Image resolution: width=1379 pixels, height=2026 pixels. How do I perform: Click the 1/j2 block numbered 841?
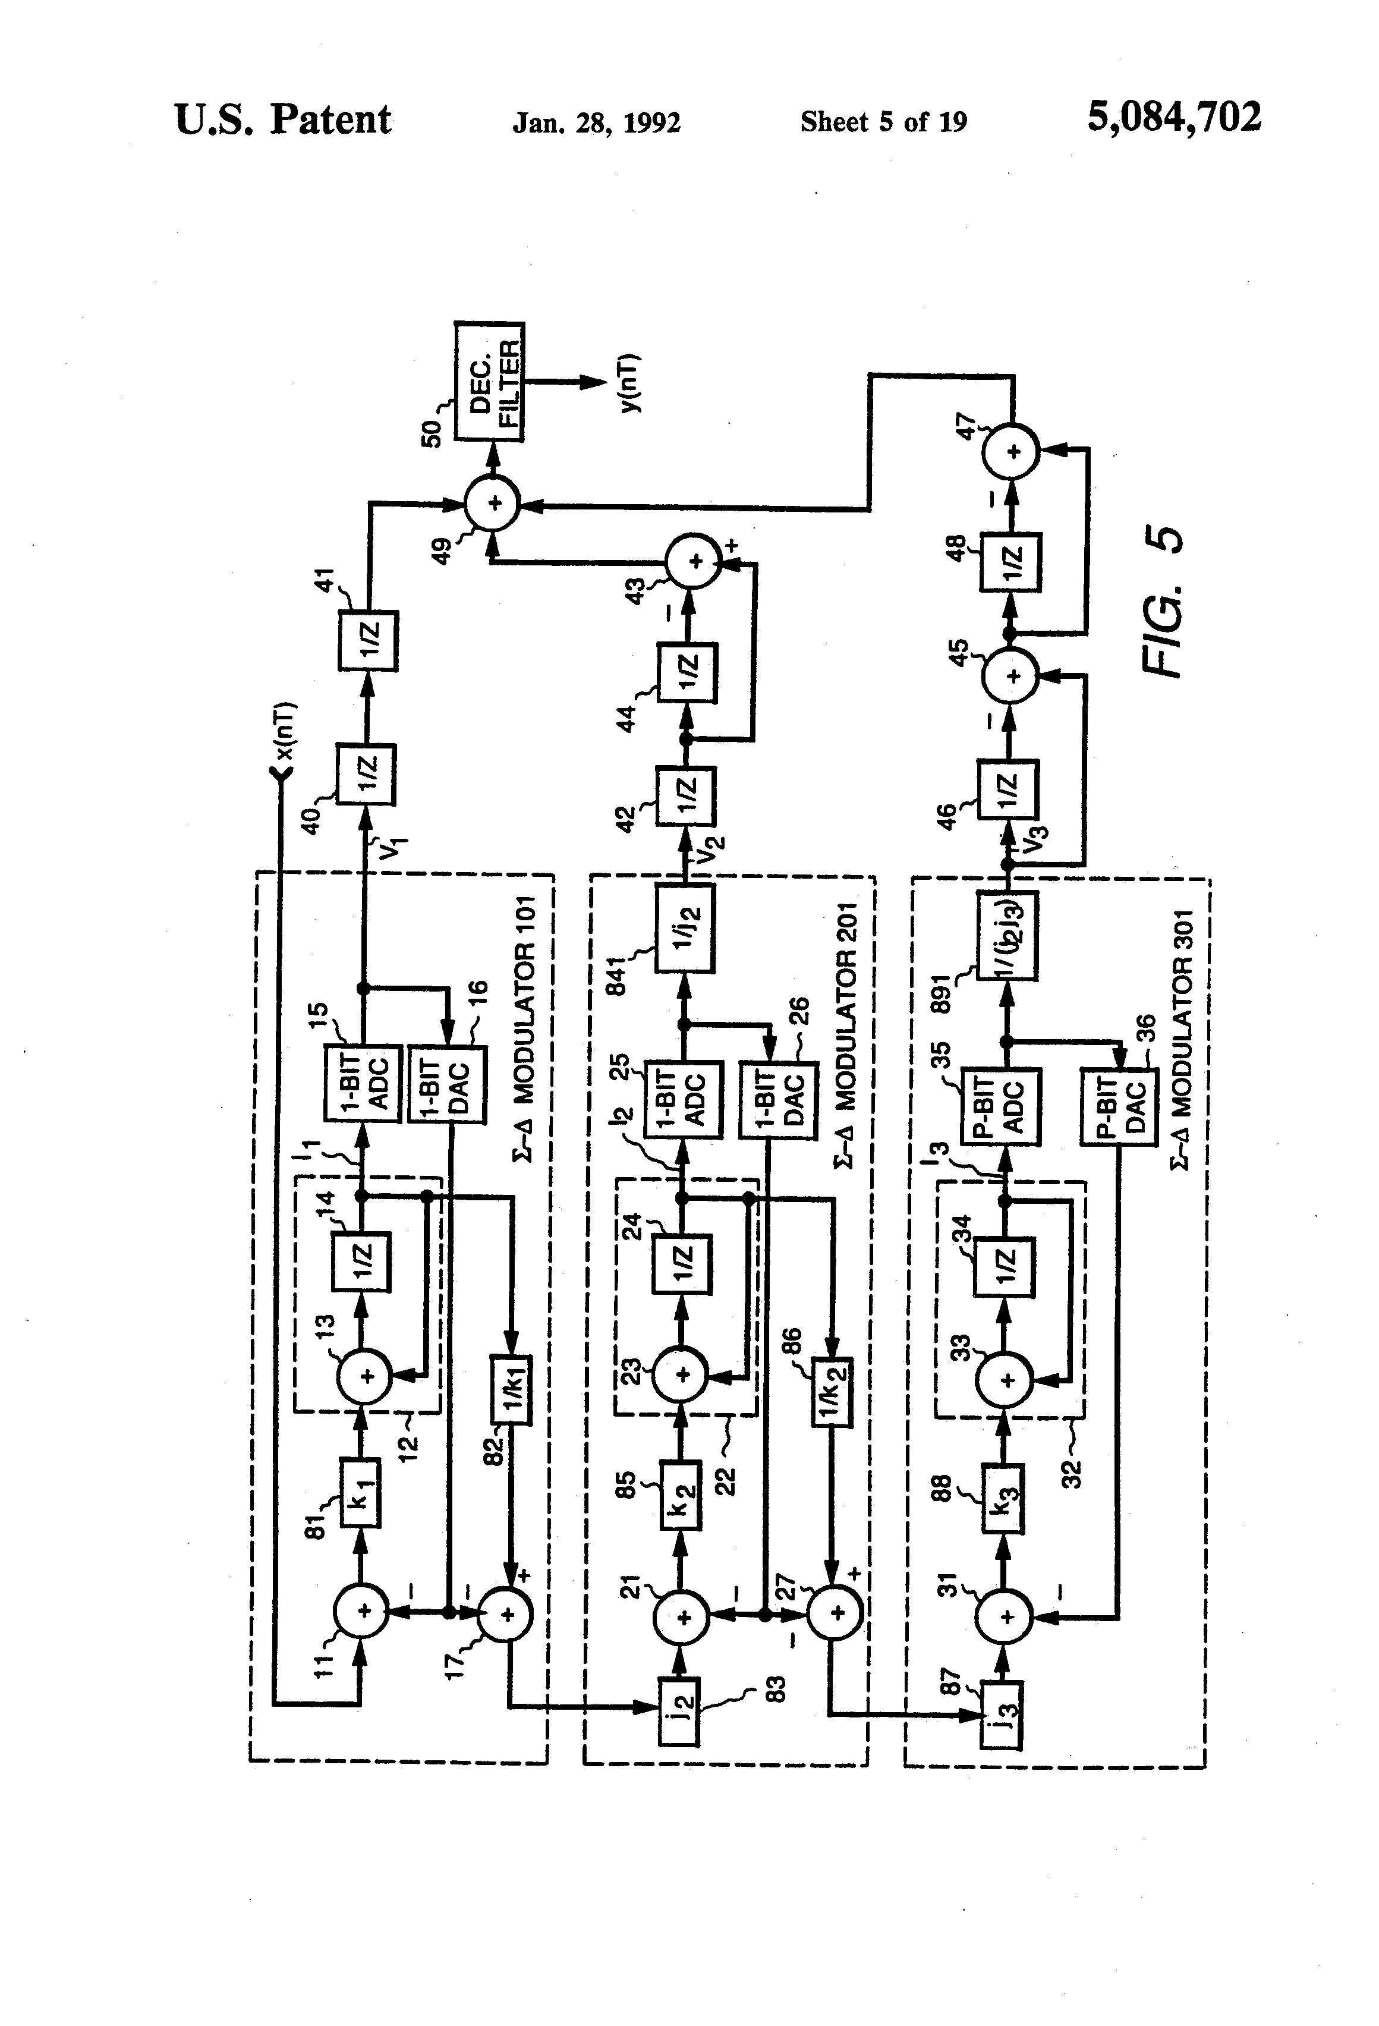tap(685, 929)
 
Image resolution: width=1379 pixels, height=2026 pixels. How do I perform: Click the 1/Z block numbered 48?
tap(1011, 562)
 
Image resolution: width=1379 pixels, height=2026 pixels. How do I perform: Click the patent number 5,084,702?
tap(1173, 117)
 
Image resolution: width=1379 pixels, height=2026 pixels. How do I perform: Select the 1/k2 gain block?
tap(831, 1392)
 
